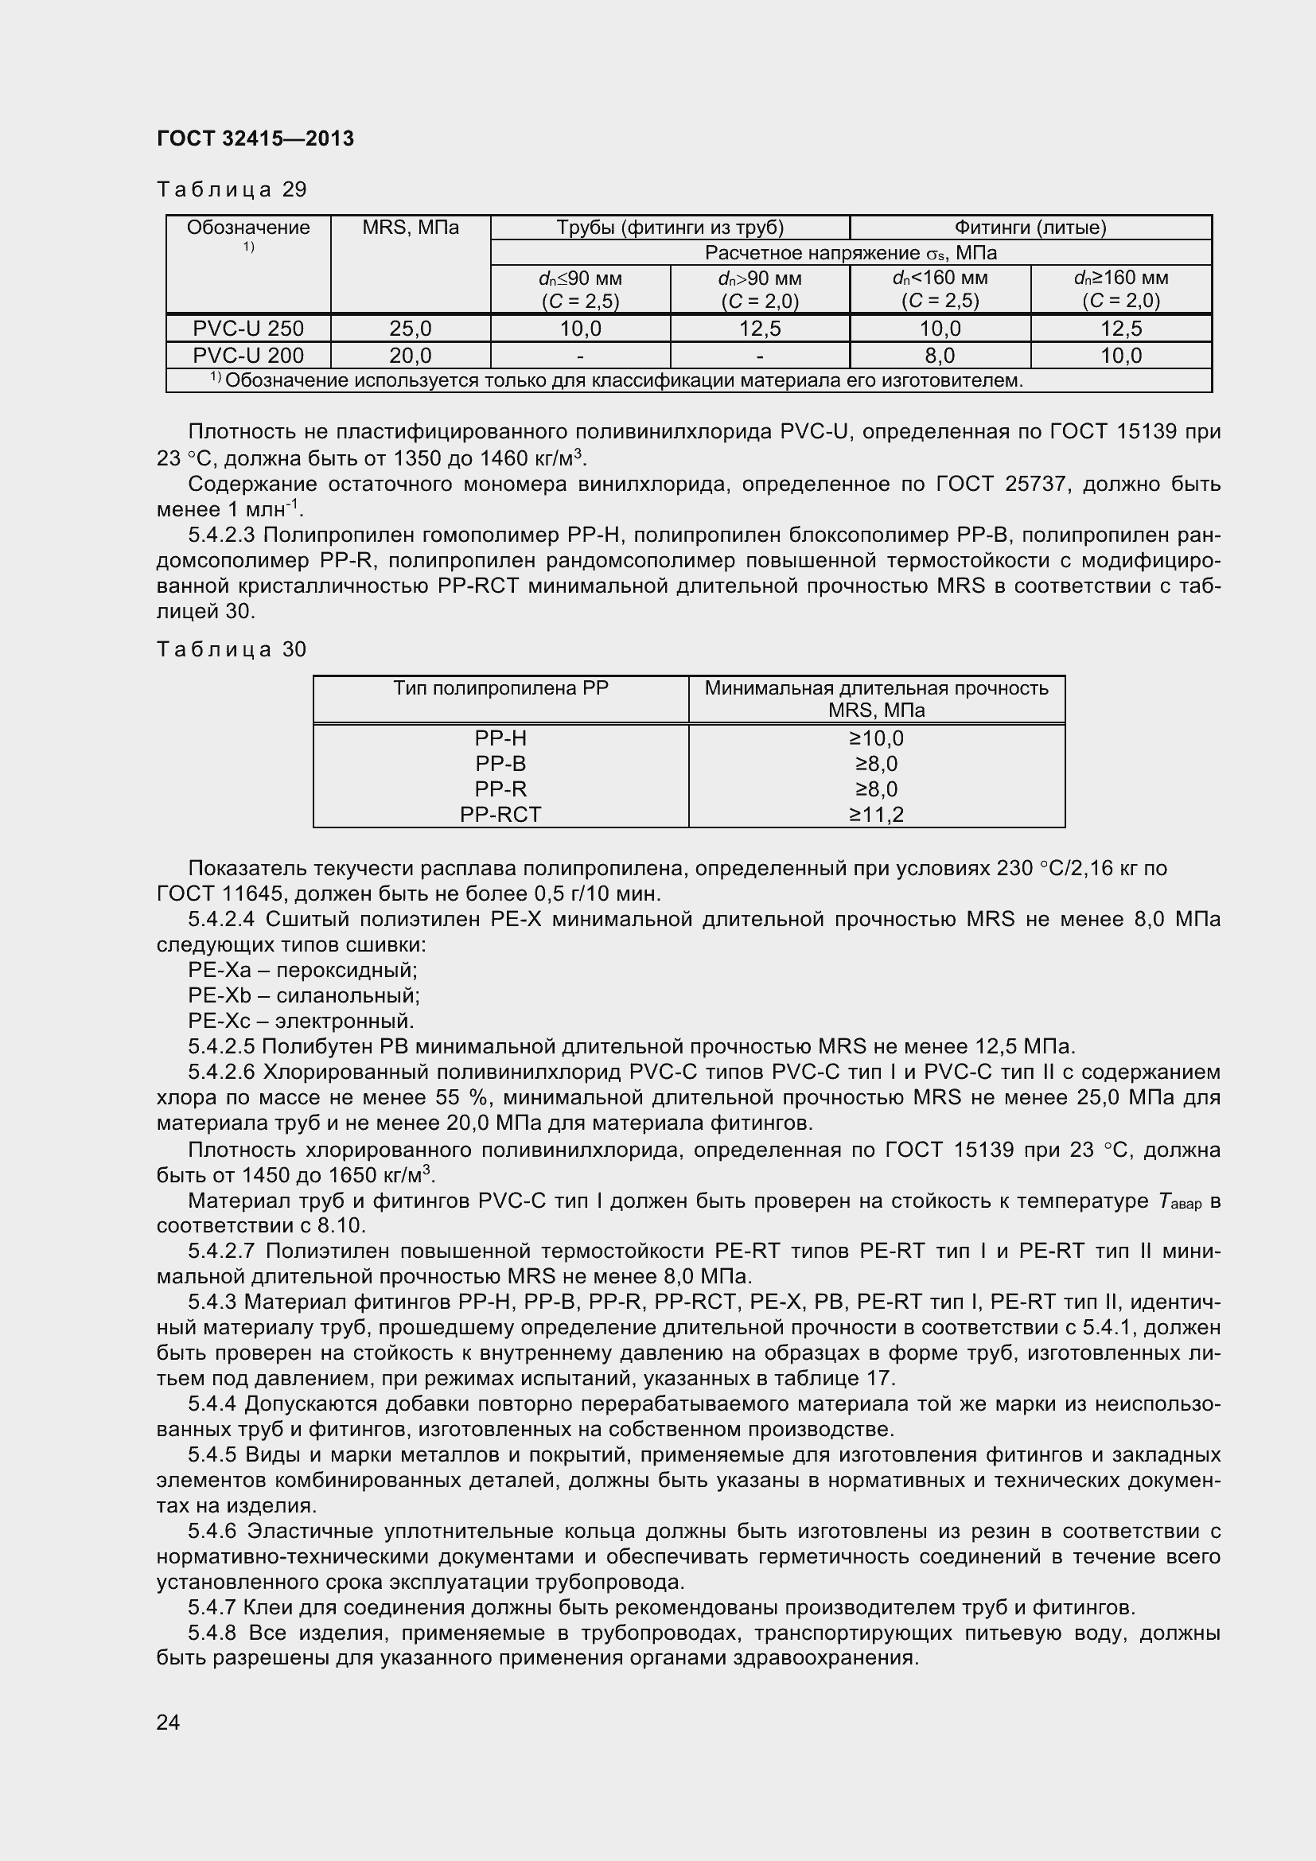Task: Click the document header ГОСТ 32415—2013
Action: coord(255,138)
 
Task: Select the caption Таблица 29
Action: coord(232,189)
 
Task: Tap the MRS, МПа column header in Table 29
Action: coord(410,228)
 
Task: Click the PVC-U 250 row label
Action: coord(248,329)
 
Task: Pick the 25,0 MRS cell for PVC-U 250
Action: coord(410,329)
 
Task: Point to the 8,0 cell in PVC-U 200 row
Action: coord(939,355)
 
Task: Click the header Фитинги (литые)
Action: coord(1030,228)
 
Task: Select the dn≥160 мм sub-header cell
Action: coord(1121,290)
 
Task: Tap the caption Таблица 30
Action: coord(232,649)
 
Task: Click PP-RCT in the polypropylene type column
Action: coord(500,814)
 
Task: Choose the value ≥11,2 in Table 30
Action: coord(876,814)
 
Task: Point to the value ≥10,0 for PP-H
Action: coord(876,738)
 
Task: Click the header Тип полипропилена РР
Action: coord(500,688)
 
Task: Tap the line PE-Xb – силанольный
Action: coord(304,995)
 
